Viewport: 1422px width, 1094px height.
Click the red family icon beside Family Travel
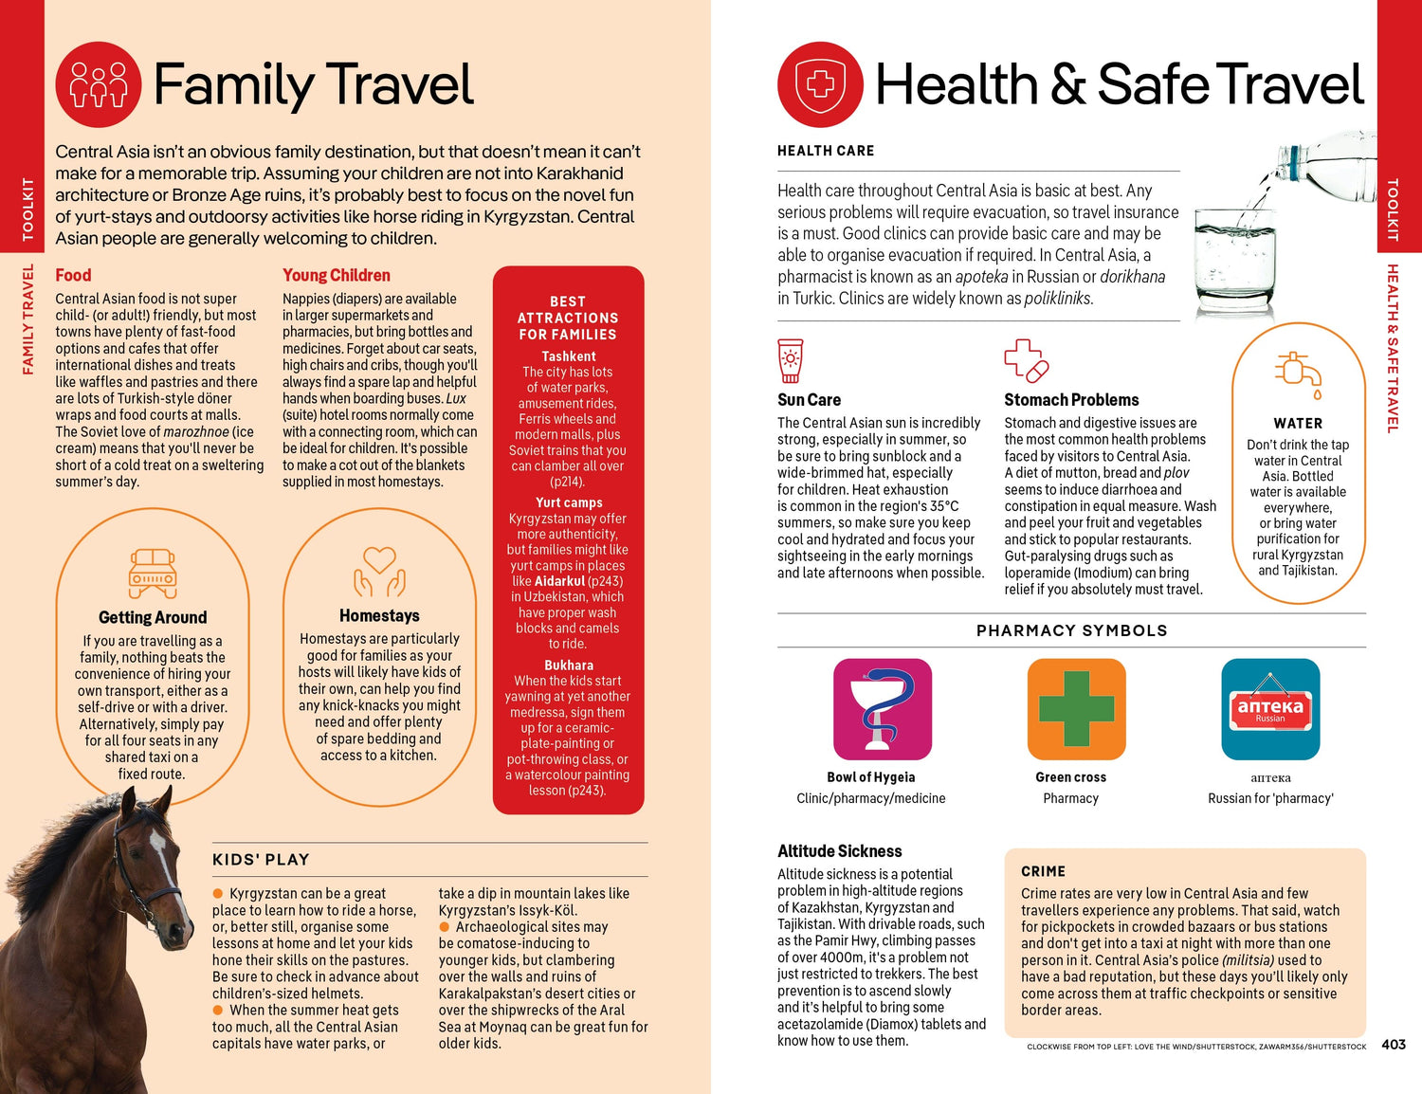click(99, 84)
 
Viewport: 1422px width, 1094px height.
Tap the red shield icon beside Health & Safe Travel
click(820, 84)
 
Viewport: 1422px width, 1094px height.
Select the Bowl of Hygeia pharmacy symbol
click(883, 709)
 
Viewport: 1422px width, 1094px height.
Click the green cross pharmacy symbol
click(1076, 709)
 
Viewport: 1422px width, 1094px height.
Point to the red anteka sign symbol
click(1270, 709)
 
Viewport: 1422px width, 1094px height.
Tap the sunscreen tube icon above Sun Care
click(790, 360)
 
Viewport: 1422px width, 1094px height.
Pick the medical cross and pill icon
click(1026, 360)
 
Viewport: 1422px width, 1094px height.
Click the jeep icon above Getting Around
click(153, 573)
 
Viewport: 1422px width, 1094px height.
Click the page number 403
click(1394, 1044)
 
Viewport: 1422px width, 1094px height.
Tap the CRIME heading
click(1043, 871)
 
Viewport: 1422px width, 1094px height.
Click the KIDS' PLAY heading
click(261, 860)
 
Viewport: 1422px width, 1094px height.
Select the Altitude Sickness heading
click(839, 851)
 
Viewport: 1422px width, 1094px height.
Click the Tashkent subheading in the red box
click(569, 356)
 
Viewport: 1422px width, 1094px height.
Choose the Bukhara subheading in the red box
click(569, 666)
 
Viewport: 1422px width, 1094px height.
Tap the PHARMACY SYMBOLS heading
click(1071, 630)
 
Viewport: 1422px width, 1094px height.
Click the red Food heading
click(73, 275)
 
